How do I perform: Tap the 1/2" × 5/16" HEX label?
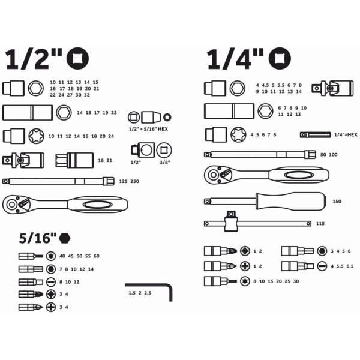[148, 129]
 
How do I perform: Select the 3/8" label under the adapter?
[164, 163]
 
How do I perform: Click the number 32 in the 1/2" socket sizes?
[87, 95]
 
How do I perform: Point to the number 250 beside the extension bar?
[134, 181]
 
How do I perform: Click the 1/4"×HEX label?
[346, 135]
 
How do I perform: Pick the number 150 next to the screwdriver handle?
[337, 202]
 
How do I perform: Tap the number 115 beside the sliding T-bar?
[320, 223]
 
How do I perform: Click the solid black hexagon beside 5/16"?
[65, 238]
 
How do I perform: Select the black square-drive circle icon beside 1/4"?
[280, 58]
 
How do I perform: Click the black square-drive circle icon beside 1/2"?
[77, 58]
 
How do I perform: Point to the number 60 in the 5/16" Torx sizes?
[97, 256]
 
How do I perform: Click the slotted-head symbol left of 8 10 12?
[51, 282]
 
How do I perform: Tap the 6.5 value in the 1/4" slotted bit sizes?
[350, 266]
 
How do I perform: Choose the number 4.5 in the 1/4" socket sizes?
[265, 85]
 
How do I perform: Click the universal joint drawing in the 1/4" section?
[332, 88]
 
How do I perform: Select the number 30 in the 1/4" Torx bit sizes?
[296, 281]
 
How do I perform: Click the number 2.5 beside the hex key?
[148, 293]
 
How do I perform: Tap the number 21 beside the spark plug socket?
[110, 160]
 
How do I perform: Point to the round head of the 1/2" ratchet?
[11, 205]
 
